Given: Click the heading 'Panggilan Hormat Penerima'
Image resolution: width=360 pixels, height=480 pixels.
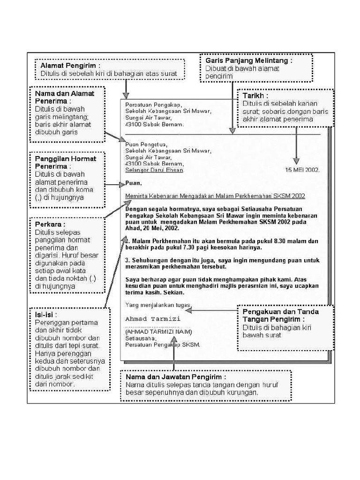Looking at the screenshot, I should point(66,162).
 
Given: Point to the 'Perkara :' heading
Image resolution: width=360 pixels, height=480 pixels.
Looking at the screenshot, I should point(48,225).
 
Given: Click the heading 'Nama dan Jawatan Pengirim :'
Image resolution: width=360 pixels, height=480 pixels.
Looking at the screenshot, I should point(176,377).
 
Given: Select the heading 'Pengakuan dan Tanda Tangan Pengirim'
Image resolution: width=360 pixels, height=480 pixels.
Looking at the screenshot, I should point(280,315).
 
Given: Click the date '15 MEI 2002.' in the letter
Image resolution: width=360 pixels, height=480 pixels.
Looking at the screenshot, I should point(302,170).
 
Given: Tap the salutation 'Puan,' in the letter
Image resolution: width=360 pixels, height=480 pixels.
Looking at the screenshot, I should point(133,183).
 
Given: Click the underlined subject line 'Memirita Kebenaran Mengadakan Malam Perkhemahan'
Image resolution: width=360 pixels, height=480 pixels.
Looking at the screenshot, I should point(216,196).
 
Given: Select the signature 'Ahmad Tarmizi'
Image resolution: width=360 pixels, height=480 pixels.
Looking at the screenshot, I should point(152,319).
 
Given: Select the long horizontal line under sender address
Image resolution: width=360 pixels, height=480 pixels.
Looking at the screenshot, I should point(220,135).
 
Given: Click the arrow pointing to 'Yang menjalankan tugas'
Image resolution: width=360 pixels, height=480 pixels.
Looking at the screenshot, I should point(216,310).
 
